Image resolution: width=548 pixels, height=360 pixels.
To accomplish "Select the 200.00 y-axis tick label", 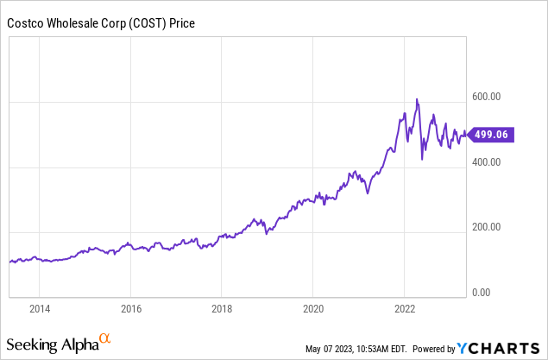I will [x=487, y=228].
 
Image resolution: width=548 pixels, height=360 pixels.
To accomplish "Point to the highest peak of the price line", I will [x=417, y=99].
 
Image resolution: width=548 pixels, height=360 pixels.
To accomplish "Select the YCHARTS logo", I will [x=500, y=348].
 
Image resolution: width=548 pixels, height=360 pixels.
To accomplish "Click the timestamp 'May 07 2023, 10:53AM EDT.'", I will [x=355, y=350].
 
